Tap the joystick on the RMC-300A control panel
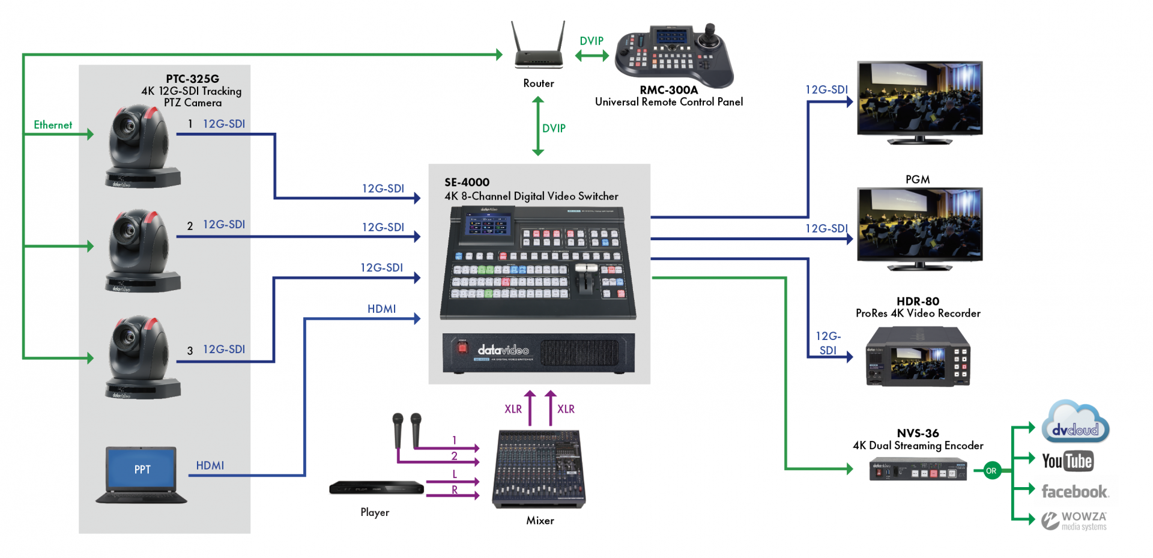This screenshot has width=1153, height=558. point(710,33)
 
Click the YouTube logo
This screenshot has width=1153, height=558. point(1067,461)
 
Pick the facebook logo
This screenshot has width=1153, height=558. point(1075,492)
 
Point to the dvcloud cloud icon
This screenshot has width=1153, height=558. point(1075,423)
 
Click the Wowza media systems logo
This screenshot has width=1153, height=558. point(1074,521)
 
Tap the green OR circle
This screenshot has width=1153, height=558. point(991,471)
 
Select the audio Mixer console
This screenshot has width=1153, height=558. point(539,469)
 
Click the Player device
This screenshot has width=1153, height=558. point(377,488)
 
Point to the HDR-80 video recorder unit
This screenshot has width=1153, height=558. point(918,357)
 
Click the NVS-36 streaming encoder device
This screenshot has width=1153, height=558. point(918,470)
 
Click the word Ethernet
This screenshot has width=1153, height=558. point(53,125)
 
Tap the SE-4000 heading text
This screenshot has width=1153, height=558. point(467,182)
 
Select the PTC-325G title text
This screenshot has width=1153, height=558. point(192,79)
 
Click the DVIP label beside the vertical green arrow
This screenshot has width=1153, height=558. point(554,129)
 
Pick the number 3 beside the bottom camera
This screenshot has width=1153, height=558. point(190,351)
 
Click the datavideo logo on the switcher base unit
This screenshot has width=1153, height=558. point(503,350)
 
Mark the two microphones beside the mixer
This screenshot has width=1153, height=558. point(407,429)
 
